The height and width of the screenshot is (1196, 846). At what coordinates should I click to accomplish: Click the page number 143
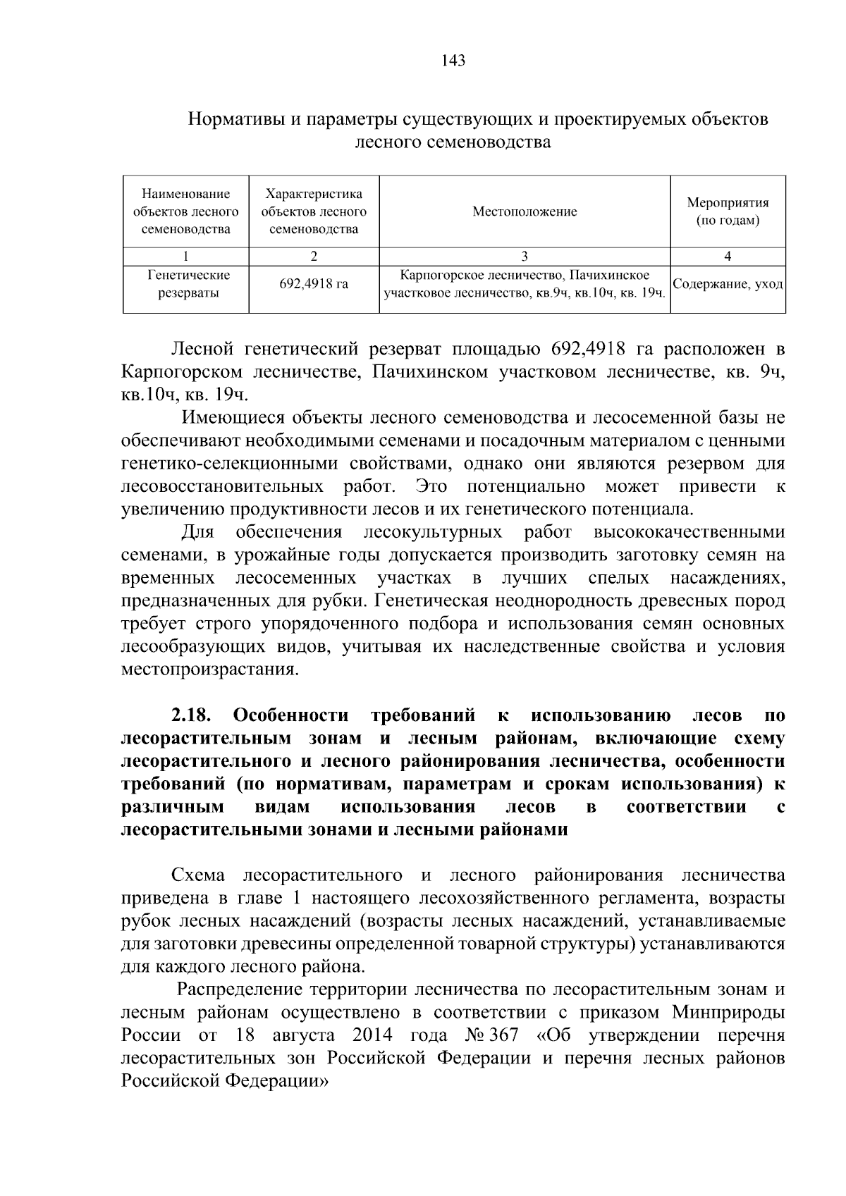[453, 61]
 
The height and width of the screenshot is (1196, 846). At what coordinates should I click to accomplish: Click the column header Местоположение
[524, 211]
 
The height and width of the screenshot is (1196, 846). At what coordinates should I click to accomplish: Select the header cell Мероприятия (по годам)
[728, 211]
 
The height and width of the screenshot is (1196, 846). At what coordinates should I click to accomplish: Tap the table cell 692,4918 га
[314, 285]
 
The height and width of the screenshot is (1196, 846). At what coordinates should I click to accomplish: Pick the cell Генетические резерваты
[186, 284]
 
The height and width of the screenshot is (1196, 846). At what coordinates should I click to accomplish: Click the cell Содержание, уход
[728, 285]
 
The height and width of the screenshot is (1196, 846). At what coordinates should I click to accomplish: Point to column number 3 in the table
[524, 257]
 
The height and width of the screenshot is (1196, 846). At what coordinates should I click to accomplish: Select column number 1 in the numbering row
[186, 257]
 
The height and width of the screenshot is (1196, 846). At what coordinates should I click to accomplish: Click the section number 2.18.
[191, 716]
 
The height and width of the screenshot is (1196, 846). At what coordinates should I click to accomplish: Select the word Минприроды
[728, 1013]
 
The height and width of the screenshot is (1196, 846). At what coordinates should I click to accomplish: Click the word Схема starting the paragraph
[197, 875]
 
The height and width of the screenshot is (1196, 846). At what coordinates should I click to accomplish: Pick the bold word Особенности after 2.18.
[290, 716]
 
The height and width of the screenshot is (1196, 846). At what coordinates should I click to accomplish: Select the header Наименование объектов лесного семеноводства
[186, 211]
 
